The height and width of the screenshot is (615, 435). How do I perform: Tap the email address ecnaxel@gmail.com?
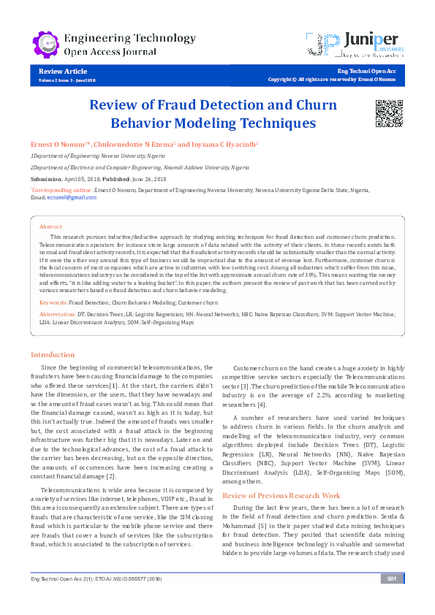pos(72,197)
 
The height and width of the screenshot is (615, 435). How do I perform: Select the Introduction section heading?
pos(52,354)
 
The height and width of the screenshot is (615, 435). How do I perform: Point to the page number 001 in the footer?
pos(392,600)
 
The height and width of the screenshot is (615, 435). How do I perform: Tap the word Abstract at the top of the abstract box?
pos(50,227)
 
